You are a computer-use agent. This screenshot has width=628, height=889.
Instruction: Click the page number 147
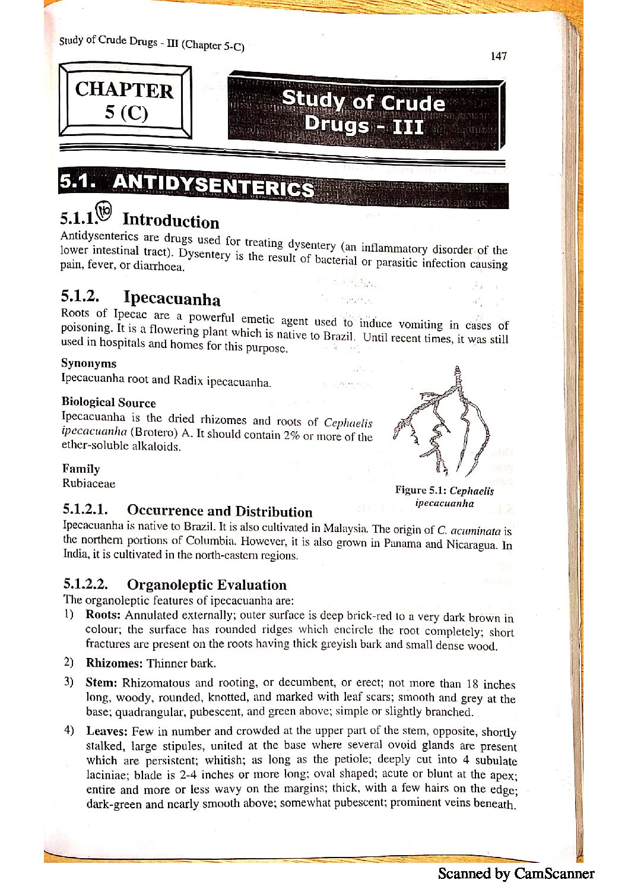click(499, 56)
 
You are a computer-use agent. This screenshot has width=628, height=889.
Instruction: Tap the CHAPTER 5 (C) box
click(125, 101)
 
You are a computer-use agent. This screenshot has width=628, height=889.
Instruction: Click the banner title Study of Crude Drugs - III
click(363, 113)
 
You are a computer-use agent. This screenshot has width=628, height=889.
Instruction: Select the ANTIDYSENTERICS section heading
click(213, 185)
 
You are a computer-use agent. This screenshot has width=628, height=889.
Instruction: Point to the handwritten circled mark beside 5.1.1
click(104, 210)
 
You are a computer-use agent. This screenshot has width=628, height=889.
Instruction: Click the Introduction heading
click(170, 221)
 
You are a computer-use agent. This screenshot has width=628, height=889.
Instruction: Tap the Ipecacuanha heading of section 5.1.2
click(172, 298)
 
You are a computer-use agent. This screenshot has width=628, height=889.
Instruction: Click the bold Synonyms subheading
click(89, 363)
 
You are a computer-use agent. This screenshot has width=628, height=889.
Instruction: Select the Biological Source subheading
click(109, 402)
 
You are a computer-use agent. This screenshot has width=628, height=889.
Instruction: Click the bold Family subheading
click(81, 469)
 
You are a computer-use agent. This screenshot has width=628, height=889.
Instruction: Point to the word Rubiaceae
click(89, 483)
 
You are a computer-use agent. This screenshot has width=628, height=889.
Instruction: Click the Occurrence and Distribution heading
click(219, 511)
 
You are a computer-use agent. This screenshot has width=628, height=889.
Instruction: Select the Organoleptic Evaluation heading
click(207, 585)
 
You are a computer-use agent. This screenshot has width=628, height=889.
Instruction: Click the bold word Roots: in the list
click(103, 615)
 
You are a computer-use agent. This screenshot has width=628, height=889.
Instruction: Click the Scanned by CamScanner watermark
click(516, 873)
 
